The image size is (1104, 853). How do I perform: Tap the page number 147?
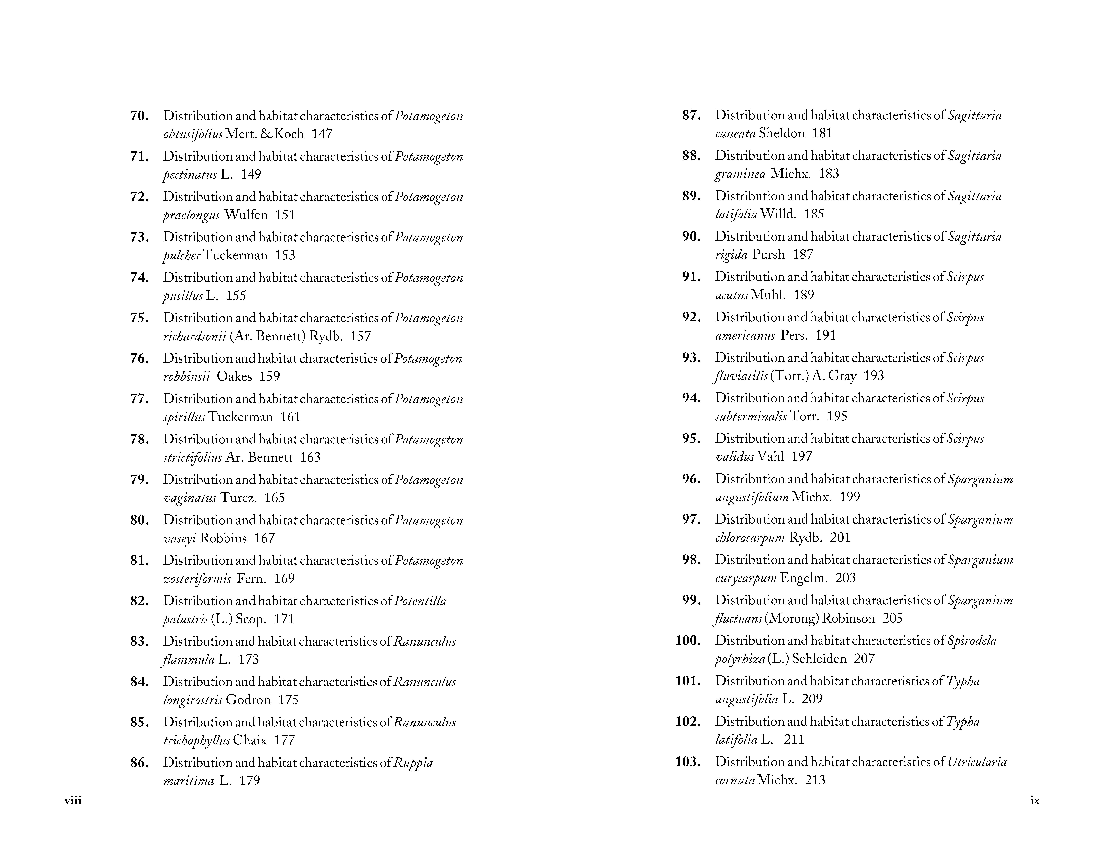tap(322, 134)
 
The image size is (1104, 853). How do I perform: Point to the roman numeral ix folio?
tap(1035, 800)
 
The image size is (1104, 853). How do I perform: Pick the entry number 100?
tap(687, 641)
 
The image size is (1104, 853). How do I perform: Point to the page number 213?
tap(815, 780)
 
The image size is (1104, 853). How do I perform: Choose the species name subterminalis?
tap(751, 416)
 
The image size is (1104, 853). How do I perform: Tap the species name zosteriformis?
tap(197, 579)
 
